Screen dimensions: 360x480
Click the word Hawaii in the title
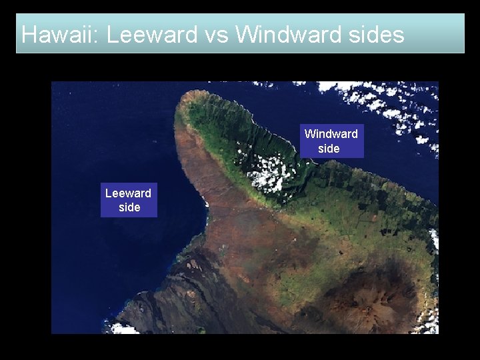point(58,35)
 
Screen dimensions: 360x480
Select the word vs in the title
point(216,35)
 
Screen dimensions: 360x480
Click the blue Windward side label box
point(331,141)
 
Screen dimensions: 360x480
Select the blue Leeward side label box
point(129,200)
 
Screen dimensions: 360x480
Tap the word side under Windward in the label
point(329,149)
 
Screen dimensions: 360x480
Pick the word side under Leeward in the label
point(129,207)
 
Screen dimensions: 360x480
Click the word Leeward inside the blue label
point(128,193)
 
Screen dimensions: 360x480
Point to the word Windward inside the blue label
point(331,134)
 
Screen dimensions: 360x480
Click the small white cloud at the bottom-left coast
point(124,328)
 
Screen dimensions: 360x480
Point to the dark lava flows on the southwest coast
point(167,293)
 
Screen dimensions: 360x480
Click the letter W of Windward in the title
point(247,35)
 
